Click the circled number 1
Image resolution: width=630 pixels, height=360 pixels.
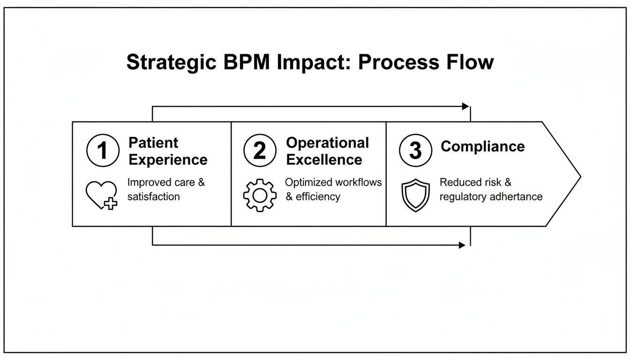pyautogui.click(x=103, y=150)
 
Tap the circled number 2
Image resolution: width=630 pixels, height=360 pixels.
pyautogui.click(x=259, y=150)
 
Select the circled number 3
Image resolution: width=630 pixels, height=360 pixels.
pyautogui.click(x=415, y=150)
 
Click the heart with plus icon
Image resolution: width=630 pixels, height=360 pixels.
pyautogui.click(x=102, y=195)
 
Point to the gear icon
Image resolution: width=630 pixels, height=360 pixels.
pyautogui.click(x=259, y=195)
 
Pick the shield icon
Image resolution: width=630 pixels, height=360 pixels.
pyautogui.click(x=415, y=196)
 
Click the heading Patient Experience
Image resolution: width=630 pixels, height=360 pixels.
pyautogui.click(x=168, y=151)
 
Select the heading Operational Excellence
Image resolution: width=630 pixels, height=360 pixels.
pyautogui.click(x=327, y=151)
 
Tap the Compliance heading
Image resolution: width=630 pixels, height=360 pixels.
pyautogui.click(x=482, y=146)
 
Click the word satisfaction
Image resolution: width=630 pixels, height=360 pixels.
pyautogui.click(x=153, y=196)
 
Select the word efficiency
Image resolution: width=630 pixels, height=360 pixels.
pyautogui.click(x=318, y=196)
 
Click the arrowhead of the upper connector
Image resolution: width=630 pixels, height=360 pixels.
pyautogui.click(x=465, y=106)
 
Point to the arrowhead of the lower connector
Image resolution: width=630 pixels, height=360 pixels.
pyautogui.click(x=462, y=245)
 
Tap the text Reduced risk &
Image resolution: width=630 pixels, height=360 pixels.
pyautogui.click(x=475, y=182)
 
